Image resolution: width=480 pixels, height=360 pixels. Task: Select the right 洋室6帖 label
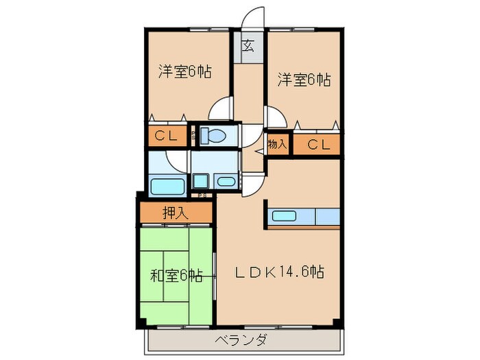click(304, 80)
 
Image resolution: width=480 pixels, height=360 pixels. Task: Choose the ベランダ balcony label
click(242, 340)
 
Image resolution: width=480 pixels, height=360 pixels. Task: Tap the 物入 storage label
click(277, 145)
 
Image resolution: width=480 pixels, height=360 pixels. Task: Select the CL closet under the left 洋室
click(166, 136)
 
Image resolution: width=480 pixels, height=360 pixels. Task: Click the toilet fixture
click(215, 136)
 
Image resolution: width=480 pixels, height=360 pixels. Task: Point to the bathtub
click(165, 186)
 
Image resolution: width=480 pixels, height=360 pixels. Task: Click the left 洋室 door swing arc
click(222, 110)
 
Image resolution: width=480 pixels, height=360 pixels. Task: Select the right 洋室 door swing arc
click(273, 117)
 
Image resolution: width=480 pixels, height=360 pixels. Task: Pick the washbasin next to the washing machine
click(225, 182)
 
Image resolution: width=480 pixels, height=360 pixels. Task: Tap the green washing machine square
click(201, 181)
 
